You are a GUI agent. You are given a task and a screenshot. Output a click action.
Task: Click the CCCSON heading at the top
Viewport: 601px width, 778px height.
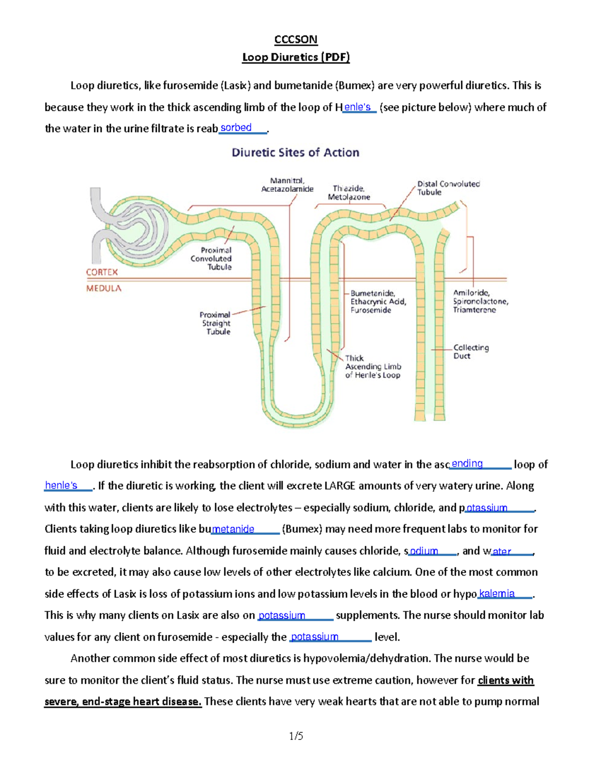295,39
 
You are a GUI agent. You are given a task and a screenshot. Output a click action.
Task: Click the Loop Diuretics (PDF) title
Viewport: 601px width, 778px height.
295,57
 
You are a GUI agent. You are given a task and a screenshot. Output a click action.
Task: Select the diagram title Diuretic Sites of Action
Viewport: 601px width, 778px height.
295,152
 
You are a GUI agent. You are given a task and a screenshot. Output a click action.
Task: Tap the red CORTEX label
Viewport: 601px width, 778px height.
102,272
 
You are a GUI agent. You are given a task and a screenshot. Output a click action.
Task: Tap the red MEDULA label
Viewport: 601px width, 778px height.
104,288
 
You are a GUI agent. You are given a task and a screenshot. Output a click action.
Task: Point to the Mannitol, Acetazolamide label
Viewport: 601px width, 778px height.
287,185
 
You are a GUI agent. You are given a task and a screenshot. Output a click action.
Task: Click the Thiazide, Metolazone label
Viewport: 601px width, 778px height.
349,193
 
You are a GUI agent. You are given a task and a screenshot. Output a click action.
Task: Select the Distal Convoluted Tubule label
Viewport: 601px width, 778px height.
448,188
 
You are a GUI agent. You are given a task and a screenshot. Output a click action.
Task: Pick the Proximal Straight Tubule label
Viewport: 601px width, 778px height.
215,323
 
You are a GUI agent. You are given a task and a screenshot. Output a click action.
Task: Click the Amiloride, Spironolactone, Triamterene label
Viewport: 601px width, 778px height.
480,301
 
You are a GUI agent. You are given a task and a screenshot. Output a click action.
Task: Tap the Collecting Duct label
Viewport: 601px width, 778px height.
470,352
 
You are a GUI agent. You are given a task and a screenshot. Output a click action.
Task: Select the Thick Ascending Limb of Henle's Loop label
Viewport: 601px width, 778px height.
373,366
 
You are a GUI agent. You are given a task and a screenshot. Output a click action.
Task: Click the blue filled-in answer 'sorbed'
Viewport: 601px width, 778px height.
236,128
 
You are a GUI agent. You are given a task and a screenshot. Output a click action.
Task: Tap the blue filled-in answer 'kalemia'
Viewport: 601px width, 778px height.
497,594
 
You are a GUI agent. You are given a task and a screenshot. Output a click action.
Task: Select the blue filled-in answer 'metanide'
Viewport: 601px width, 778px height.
233,529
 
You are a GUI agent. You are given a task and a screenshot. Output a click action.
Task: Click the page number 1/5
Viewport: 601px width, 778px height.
296,736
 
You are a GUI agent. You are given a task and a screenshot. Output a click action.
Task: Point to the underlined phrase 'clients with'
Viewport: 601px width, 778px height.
506,680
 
